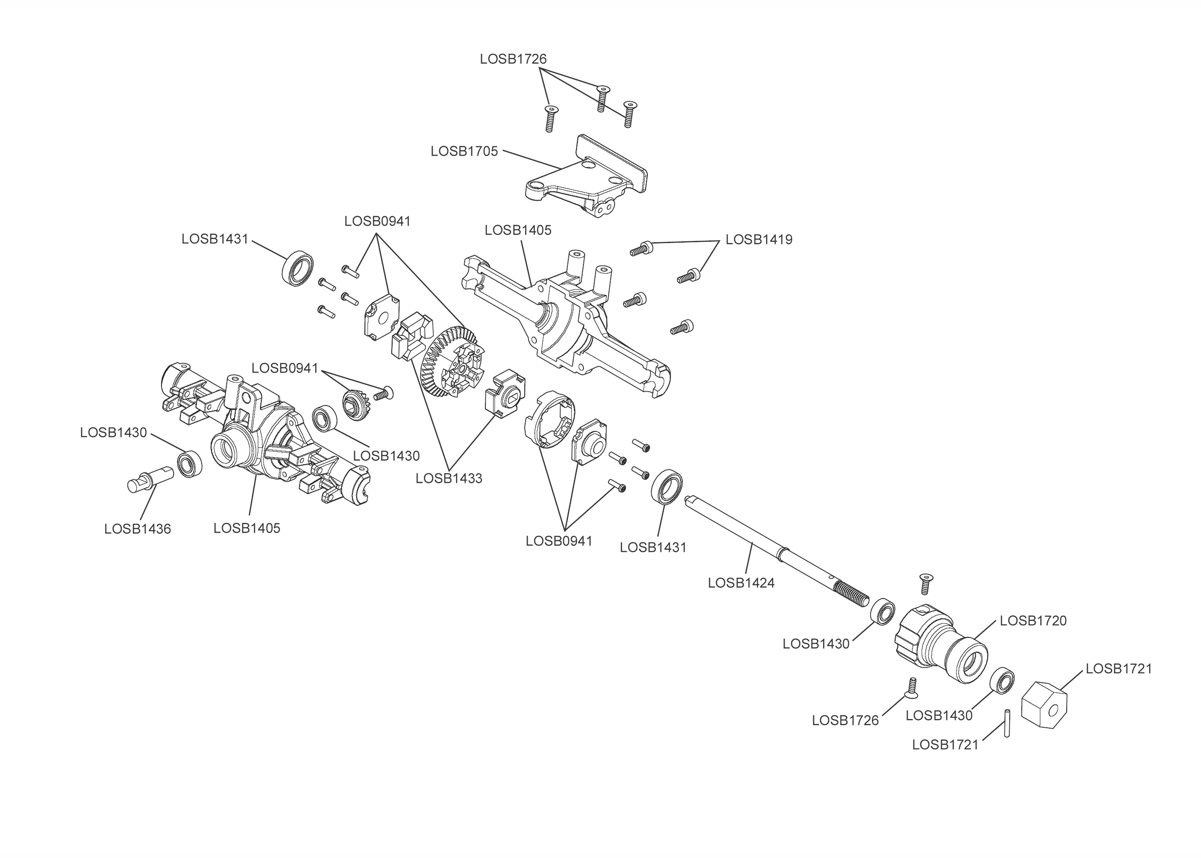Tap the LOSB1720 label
(1033, 620)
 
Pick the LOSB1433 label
(448, 478)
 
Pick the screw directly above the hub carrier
(925, 583)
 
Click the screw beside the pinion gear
(384, 393)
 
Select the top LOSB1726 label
(513, 59)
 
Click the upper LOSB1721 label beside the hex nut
(1118, 668)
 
